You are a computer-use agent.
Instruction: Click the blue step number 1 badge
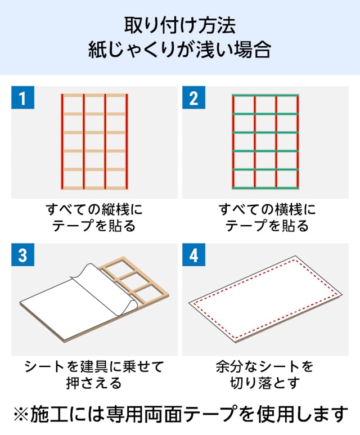(x=22, y=97)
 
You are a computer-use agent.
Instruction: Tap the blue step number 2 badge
(x=193, y=97)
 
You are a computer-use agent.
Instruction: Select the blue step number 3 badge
(x=22, y=255)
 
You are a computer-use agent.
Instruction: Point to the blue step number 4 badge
(x=193, y=255)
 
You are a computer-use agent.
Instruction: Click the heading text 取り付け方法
(x=180, y=25)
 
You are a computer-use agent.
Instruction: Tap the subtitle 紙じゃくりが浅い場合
(x=180, y=50)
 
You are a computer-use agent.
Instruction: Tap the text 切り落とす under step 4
(x=265, y=383)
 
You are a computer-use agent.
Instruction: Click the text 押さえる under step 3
(x=94, y=383)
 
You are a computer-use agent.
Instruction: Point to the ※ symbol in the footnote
(x=21, y=414)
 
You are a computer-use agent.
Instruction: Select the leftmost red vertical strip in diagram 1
(x=62, y=141)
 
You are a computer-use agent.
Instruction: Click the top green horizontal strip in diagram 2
(x=265, y=96)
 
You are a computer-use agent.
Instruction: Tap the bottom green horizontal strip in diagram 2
(x=265, y=188)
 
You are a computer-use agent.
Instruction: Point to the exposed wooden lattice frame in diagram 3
(x=134, y=280)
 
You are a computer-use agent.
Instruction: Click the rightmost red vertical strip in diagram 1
(x=127, y=141)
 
